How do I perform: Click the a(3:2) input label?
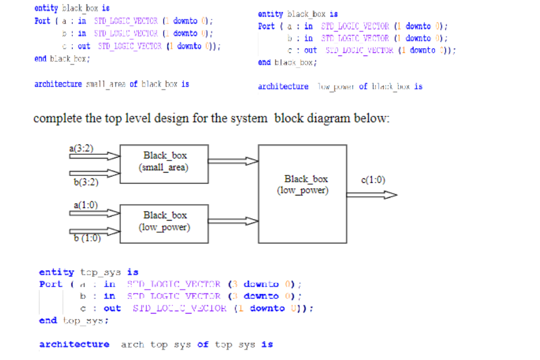pos(81,148)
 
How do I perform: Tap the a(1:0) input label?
pos(86,204)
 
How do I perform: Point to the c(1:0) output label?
pos(373,179)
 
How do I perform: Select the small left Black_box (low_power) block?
pos(165,221)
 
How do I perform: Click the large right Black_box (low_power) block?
pos(302,193)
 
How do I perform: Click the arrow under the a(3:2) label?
pos(95,156)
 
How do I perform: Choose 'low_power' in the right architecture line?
pos(334,87)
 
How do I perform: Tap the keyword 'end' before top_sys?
pos(48,320)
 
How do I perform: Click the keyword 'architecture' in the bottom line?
pos(74,345)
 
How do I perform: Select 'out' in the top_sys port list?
pos(112,308)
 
